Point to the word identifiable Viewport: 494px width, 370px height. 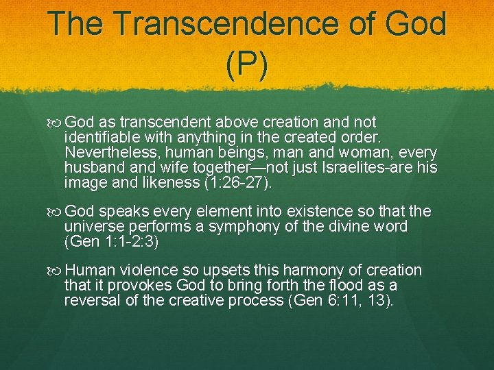[x=102, y=137]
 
